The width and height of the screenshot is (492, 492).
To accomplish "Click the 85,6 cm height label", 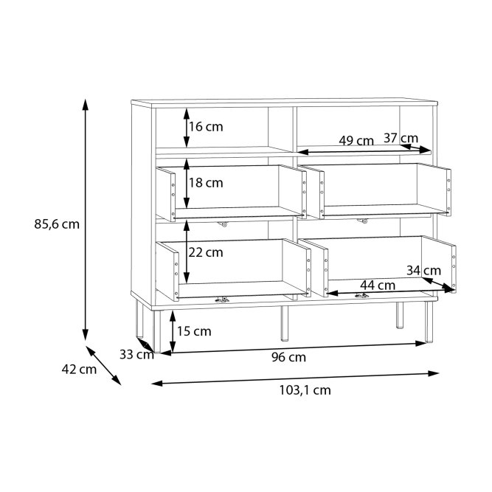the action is [x=57, y=224].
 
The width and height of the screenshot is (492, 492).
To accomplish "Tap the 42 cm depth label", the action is [x=79, y=370].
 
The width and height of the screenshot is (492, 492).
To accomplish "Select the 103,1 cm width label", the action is [x=305, y=390].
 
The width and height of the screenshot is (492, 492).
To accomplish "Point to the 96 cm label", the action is [x=288, y=358].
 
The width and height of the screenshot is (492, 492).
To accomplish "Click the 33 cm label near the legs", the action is [x=136, y=355].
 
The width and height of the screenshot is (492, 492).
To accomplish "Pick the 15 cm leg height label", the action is [x=194, y=331].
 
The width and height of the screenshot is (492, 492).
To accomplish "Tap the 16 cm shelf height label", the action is [x=206, y=127].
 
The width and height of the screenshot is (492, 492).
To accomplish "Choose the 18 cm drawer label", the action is [x=206, y=183].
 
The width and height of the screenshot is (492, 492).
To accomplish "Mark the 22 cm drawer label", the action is [x=206, y=252].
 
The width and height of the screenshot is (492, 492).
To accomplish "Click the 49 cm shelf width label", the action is [x=356, y=141].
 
